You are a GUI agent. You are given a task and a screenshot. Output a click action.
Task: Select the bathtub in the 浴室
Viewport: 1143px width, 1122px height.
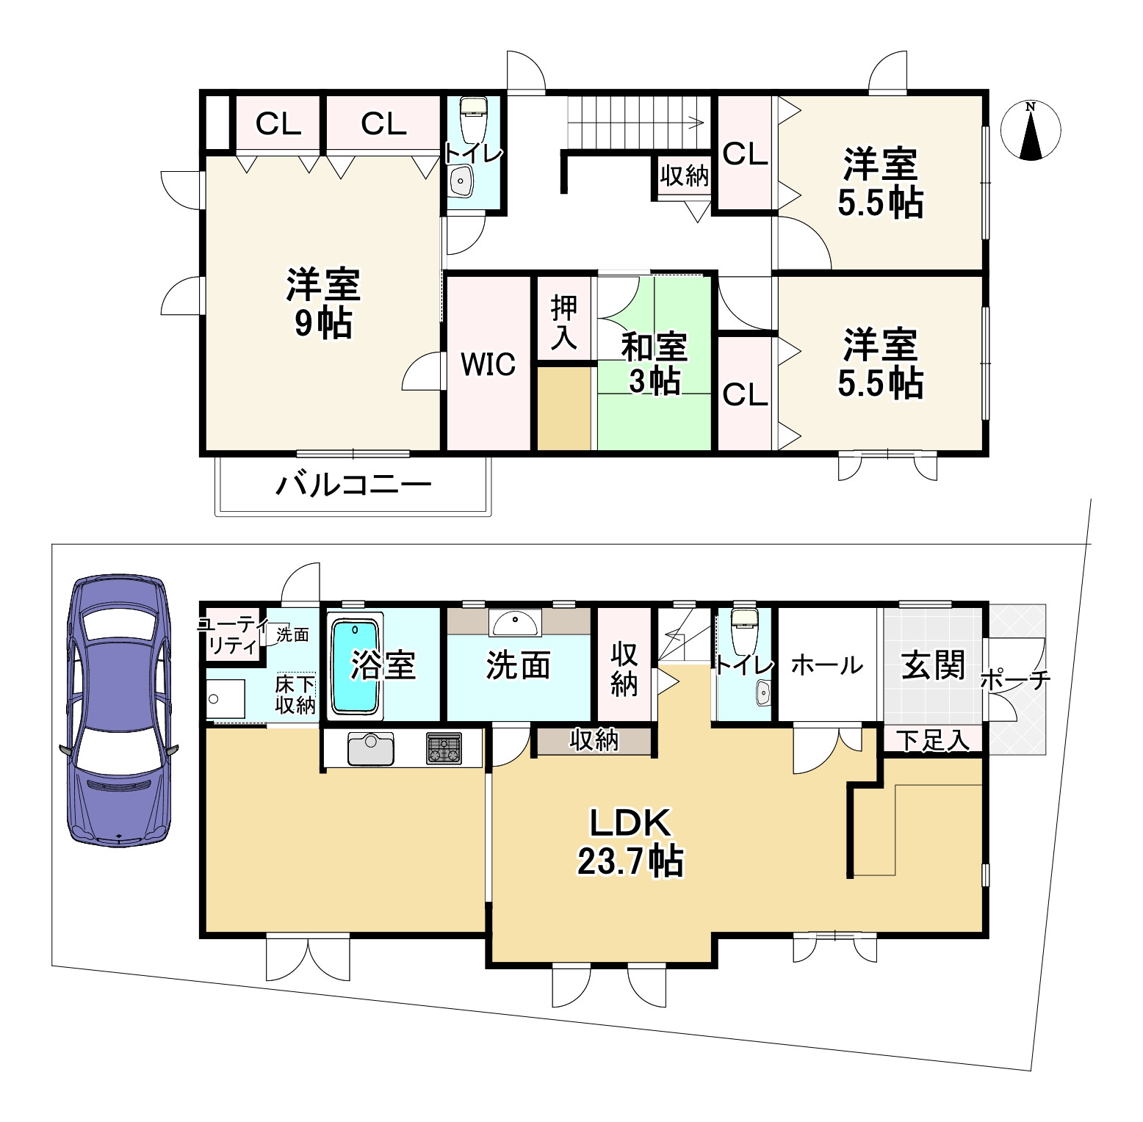356,666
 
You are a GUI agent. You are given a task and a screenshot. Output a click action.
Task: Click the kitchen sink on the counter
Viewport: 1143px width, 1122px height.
371,749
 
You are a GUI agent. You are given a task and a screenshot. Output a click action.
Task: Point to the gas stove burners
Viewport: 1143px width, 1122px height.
444,749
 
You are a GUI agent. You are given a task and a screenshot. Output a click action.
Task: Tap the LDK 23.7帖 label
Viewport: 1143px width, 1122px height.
630,842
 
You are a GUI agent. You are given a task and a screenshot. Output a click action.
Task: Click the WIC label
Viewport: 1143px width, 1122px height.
488,364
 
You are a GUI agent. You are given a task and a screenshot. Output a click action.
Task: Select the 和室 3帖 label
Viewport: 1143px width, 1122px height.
654,363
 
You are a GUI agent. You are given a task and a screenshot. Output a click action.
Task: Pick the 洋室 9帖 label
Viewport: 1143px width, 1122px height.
323,303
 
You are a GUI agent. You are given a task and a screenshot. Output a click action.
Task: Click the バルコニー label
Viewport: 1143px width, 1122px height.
353,485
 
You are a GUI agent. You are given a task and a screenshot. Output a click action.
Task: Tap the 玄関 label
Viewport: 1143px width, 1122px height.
933,665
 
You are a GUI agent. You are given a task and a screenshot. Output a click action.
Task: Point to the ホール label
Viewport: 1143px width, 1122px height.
827,665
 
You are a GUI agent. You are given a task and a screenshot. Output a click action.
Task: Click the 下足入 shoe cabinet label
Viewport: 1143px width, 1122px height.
933,741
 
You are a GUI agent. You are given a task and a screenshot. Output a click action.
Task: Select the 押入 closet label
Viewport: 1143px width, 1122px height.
564,322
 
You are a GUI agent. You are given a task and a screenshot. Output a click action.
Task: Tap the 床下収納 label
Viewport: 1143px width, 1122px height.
295,695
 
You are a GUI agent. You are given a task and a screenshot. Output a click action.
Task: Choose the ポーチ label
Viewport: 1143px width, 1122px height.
1016,680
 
